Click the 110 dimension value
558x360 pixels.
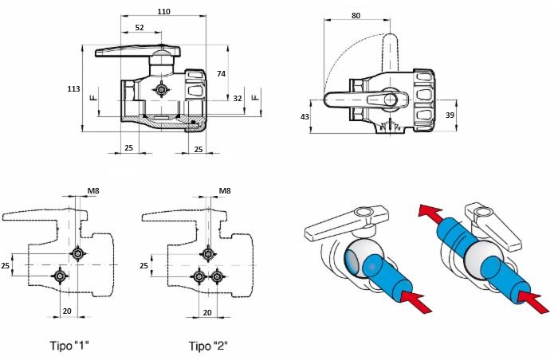pos(163,11)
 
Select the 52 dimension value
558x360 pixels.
pos(139,27)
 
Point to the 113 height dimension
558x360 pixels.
pos(73,88)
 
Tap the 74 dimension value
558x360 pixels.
pos(221,73)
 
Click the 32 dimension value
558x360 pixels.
pos(238,98)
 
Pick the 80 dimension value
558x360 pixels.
pos(356,15)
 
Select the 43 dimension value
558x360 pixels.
pos(305,116)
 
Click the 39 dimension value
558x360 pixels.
pos(450,115)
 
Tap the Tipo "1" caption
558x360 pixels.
pos(69,345)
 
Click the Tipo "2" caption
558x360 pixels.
pos(208,346)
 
